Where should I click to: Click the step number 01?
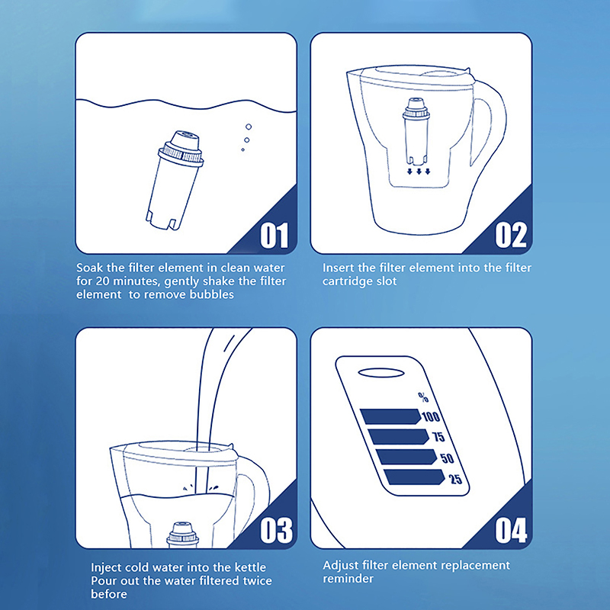tap(274, 236)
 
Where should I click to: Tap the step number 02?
tap(511, 236)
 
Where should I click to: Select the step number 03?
tap(276, 530)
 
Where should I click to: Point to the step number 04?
tap(511, 530)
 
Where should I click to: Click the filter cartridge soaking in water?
tap(175, 180)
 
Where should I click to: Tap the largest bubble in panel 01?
tap(249, 127)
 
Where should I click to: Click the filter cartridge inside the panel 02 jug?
tap(416, 131)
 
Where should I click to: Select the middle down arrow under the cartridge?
tap(419, 172)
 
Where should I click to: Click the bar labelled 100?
tap(390, 416)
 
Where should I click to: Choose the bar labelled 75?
tap(398, 436)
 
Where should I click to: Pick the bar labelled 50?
tap(406, 457)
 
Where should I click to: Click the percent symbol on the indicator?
tap(423, 396)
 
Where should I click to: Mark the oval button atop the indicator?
tap(381, 373)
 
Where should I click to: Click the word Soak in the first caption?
tap(90, 268)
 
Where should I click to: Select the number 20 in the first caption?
tap(102, 281)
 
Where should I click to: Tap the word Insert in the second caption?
tap(338, 268)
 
